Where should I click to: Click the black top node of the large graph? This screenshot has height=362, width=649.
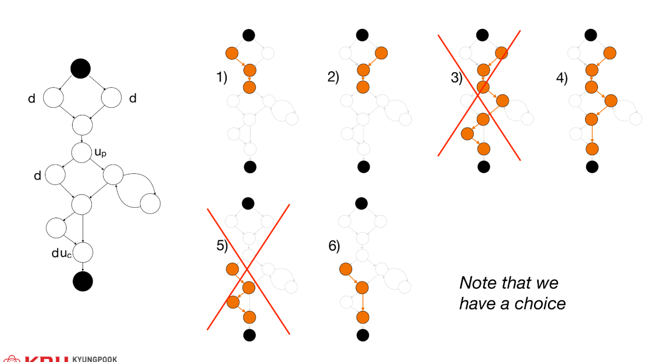click(80, 69)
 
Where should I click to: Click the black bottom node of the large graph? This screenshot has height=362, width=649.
click(82, 281)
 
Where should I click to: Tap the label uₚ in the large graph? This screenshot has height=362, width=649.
click(100, 153)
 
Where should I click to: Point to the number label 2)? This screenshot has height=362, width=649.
click(333, 78)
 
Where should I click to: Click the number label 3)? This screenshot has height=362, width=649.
click(456, 78)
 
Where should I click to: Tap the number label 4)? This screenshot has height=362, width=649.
click(561, 78)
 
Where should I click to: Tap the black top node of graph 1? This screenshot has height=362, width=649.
click(249, 35)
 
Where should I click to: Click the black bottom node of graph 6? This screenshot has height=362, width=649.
click(363, 335)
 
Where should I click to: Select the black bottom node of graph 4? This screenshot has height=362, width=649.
click(592, 167)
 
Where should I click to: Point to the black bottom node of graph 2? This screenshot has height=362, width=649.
click(363, 167)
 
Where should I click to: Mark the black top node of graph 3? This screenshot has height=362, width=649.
click(483, 35)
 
